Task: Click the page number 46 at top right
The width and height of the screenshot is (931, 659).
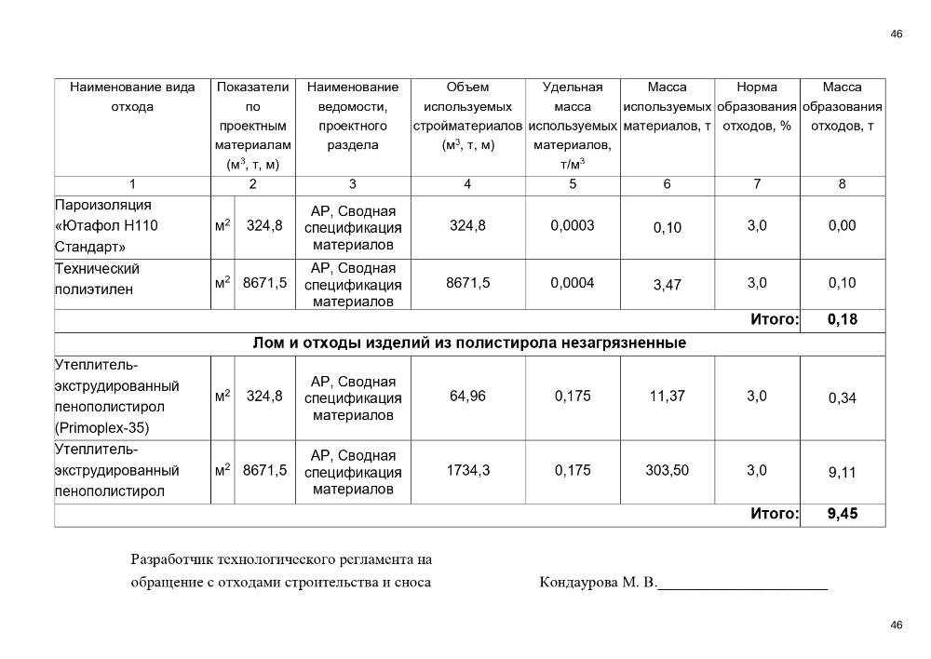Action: (x=897, y=34)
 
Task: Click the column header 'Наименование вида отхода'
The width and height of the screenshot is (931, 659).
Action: (x=132, y=97)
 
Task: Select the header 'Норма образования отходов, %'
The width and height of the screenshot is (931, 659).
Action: (x=756, y=106)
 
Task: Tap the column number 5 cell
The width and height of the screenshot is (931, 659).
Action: (x=573, y=184)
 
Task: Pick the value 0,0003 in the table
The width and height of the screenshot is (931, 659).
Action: (x=573, y=225)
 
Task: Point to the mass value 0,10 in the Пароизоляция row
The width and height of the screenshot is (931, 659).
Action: (x=667, y=228)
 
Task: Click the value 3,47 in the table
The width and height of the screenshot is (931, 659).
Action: (x=667, y=286)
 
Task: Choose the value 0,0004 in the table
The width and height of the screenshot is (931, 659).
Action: (x=573, y=283)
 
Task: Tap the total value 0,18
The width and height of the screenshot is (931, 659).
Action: (x=842, y=320)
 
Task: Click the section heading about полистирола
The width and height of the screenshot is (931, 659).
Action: (x=469, y=343)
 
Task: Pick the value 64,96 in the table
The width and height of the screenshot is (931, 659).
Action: (x=468, y=396)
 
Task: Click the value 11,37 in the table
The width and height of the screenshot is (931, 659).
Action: (x=667, y=396)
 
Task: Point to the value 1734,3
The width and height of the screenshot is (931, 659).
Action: (x=468, y=470)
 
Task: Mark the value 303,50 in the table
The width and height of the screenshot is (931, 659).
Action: (x=667, y=470)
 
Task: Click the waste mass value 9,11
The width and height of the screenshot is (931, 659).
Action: (x=842, y=473)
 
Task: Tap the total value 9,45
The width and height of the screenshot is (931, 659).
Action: (x=842, y=514)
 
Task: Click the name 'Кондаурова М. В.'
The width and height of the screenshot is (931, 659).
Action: (x=598, y=584)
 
